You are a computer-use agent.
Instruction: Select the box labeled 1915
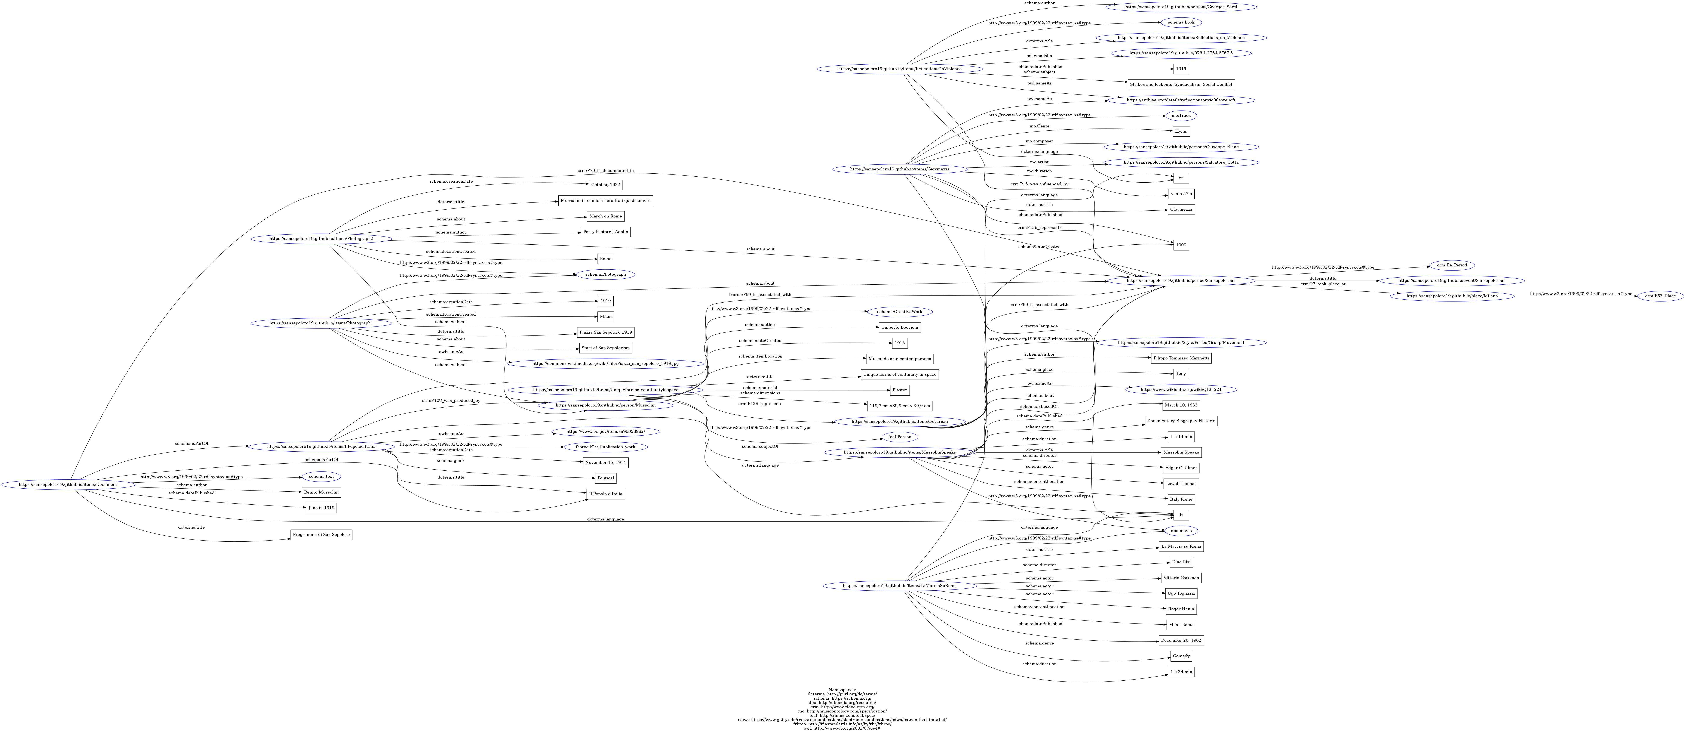1181,69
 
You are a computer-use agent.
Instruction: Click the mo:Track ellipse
1181,116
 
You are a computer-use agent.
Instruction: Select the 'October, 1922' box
605,185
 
